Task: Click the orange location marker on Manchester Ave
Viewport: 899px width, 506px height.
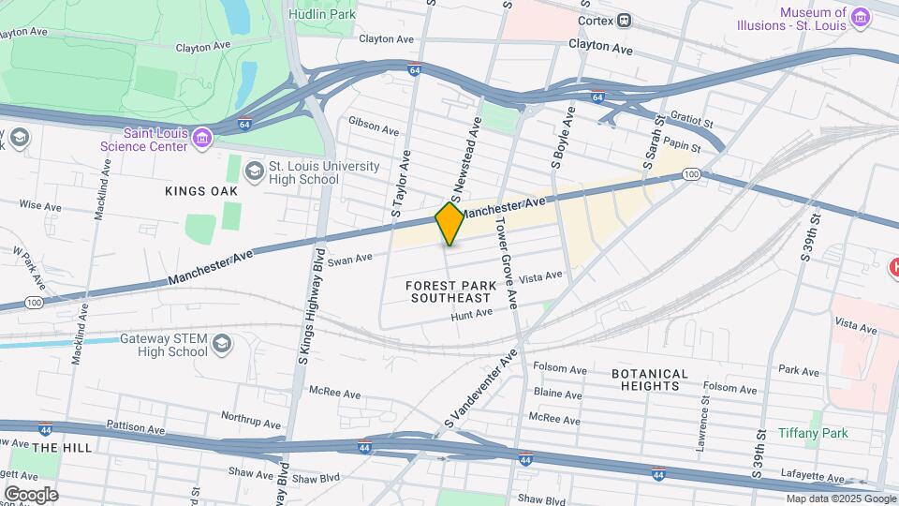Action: [449, 223]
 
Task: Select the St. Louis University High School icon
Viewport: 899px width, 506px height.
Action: [254, 172]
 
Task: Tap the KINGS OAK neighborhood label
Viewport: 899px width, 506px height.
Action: [201, 191]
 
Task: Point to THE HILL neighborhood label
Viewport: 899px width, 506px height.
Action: [62, 448]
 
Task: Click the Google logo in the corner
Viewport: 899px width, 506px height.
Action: [31, 494]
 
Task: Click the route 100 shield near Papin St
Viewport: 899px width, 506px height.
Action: [691, 174]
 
